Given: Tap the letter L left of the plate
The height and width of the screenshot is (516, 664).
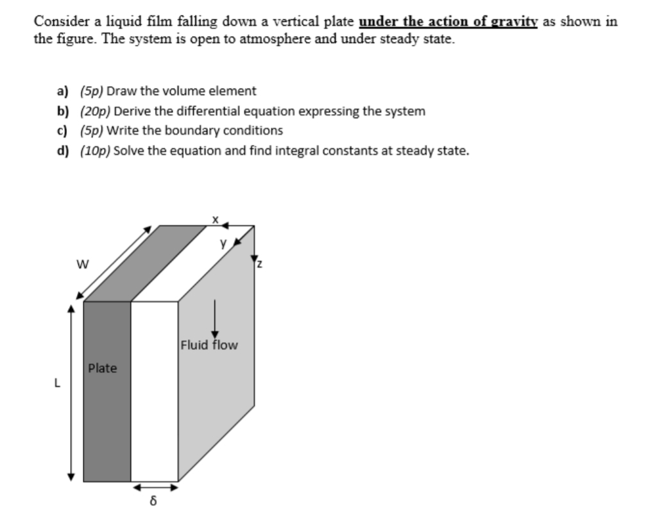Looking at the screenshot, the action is click(x=57, y=384).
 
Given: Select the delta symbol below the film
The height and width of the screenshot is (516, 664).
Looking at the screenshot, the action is click(x=154, y=499).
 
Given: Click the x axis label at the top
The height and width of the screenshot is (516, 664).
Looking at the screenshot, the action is click(x=216, y=220).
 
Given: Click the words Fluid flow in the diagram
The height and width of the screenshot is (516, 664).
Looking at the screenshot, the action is click(x=209, y=345).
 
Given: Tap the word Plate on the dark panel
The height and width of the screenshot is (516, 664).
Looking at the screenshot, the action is click(x=103, y=368).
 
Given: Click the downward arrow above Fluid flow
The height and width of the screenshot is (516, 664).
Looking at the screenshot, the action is click(x=214, y=318).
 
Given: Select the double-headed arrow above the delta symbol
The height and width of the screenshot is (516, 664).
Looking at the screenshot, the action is click(x=154, y=487).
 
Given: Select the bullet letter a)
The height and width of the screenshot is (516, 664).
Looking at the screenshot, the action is click(x=62, y=91).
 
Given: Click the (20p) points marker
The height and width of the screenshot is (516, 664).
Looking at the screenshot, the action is click(x=93, y=111).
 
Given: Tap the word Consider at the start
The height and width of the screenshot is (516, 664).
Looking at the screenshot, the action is click(x=62, y=21).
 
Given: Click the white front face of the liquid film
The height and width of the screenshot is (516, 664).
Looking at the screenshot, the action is click(x=154, y=391).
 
